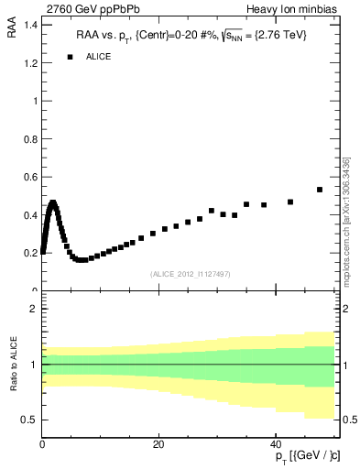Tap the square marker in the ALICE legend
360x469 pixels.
coord(70,57)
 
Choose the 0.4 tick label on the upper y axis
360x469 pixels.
coord(27,214)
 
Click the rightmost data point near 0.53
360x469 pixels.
coord(320,190)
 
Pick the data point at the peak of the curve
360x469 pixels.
coord(53,202)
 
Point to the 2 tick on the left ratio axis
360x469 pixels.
coord(33,309)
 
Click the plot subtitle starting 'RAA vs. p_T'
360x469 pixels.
coord(191,35)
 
